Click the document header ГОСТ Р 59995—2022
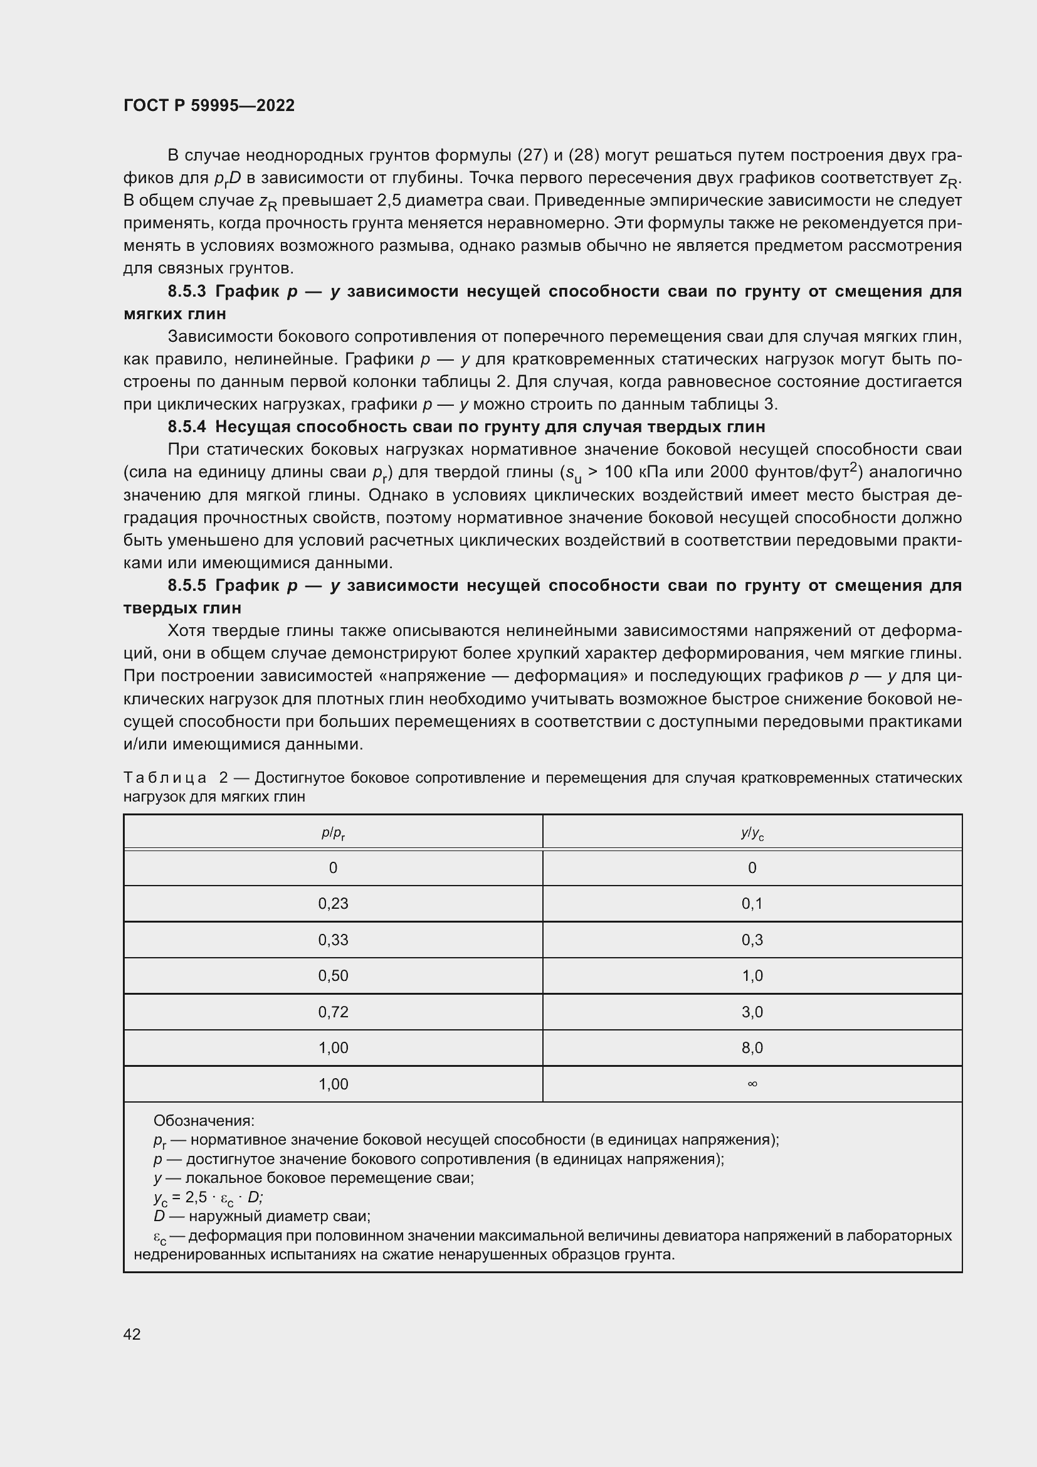coord(209,105)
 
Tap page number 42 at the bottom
coord(132,1334)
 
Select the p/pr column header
coord(333,833)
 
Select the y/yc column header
coord(752,833)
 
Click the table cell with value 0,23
coord(333,903)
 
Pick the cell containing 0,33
coord(333,940)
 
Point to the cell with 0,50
coord(333,976)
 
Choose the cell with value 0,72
coord(333,1012)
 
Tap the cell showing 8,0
coord(752,1048)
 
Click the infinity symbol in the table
coord(752,1084)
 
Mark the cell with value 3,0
coord(752,1012)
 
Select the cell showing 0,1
coord(752,903)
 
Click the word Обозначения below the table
coord(204,1121)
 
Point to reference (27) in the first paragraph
coord(529,156)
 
